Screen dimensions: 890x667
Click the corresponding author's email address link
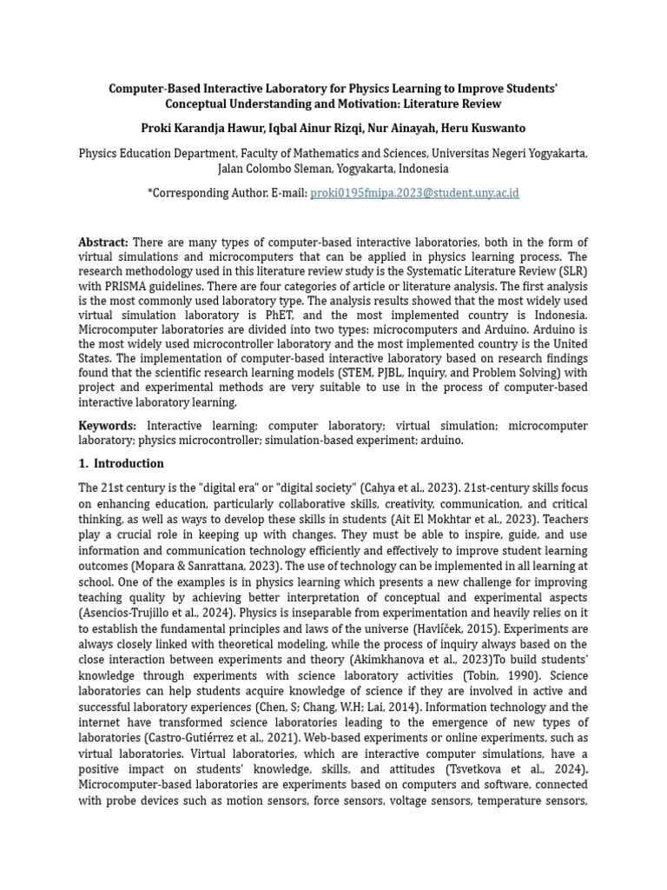pyautogui.click(x=414, y=193)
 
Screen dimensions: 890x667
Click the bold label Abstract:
pyautogui.click(x=103, y=242)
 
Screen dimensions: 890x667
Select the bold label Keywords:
pyautogui.click(x=108, y=426)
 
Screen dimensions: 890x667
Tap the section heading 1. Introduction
pyautogui.click(x=121, y=463)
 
